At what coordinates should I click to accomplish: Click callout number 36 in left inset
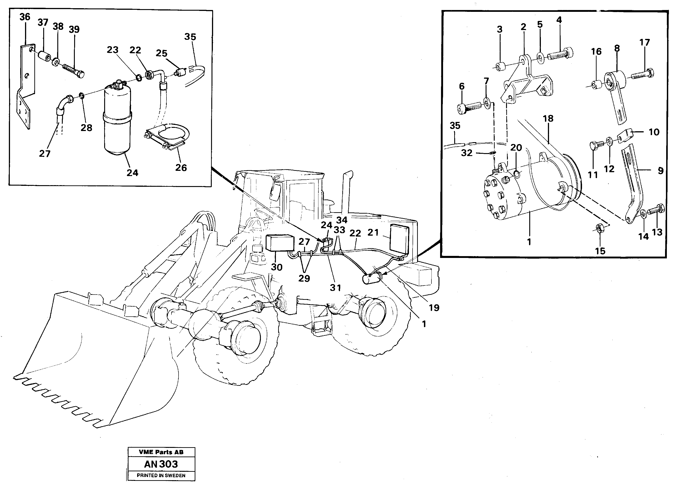pyautogui.click(x=25, y=17)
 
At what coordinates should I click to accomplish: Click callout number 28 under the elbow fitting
pyautogui.click(x=86, y=128)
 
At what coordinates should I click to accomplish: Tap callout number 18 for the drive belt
pyautogui.click(x=548, y=119)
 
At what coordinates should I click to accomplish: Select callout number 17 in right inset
pyautogui.click(x=645, y=43)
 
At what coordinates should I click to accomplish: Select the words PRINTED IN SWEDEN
pyautogui.click(x=161, y=475)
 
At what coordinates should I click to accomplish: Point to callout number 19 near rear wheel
pyautogui.click(x=434, y=308)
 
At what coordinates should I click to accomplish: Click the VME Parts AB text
pyautogui.click(x=161, y=452)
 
